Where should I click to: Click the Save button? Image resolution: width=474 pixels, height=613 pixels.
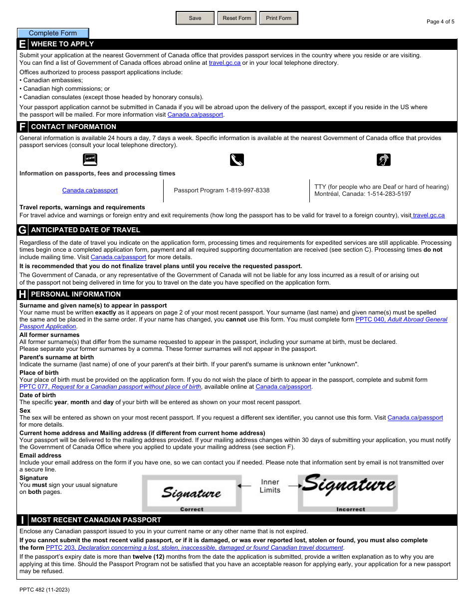click(195, 18)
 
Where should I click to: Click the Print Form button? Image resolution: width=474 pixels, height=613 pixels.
click(278, 18)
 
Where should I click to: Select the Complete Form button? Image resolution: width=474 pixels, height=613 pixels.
click(53, 33)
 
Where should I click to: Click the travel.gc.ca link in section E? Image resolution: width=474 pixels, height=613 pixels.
click(225, 63)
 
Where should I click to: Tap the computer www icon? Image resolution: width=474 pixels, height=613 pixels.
click(90, 159)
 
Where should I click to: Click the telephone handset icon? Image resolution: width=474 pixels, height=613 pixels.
click(237, 159)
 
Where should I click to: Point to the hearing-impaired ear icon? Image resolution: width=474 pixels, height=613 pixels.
click(383, 159)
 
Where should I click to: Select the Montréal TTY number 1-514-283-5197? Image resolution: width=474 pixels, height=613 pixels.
click(389, 194)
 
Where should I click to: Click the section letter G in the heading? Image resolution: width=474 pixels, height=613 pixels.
click(22, 230)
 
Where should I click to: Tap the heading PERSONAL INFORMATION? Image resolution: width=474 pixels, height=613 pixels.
click(76, 295)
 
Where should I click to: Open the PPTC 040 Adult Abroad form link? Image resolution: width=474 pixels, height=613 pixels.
click(401, 319)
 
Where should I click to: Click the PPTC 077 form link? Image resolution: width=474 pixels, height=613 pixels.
click(110, 387)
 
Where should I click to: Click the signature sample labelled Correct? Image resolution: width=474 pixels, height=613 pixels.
click(192, 493)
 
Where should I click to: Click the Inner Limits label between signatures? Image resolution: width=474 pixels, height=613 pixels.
click(270, 486)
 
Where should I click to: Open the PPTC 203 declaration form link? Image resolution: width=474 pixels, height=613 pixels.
click(195, 548)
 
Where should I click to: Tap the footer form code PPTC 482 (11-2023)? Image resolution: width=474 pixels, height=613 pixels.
click(44, 590)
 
